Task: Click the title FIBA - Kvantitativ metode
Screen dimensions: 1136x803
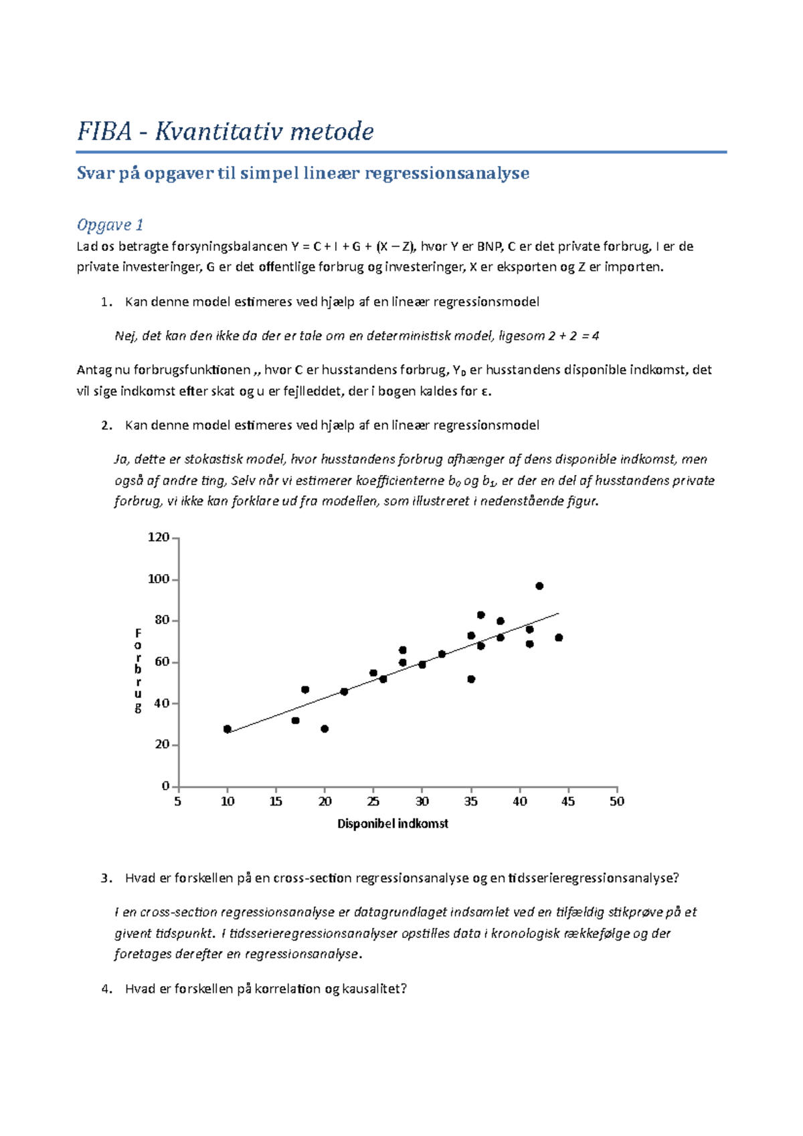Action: pos(225,131)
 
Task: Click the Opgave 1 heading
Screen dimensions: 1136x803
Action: pos(110,225)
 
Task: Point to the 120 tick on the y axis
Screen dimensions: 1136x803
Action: pos(159,537)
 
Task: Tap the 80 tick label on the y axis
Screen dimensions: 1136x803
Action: pos(161,620)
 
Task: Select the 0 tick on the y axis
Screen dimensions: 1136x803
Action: pos(165,786)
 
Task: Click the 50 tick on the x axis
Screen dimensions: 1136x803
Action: pos(616,801)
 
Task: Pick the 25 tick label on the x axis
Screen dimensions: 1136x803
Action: pos(373,801)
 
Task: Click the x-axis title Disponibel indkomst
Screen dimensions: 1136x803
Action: pos(392,824)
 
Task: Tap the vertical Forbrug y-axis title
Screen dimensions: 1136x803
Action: pos(138,670)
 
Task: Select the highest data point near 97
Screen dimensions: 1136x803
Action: pos(539,586)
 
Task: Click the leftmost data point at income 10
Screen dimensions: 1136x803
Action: pos(228,729)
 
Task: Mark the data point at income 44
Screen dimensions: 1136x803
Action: pos(559,638)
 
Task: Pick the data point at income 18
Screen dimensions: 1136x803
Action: pos(305,690)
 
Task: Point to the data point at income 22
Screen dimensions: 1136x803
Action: pos(344,692)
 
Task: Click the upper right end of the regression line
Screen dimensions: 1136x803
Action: pos(557,613)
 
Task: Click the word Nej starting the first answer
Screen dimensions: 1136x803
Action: pos(124,336)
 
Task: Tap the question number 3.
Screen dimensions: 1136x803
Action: pos(106,878)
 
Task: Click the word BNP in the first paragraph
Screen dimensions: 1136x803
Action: pos(488,247)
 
